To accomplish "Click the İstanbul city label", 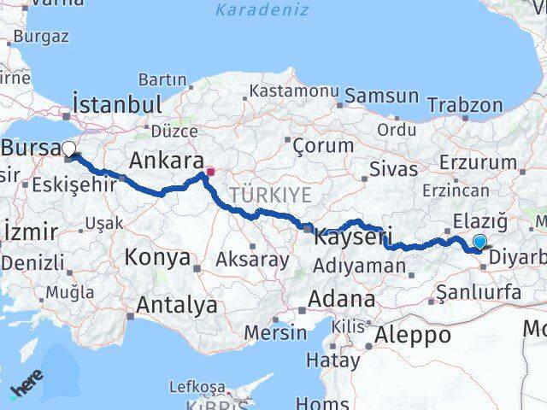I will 118,105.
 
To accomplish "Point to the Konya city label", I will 157,257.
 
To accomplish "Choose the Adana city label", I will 342,300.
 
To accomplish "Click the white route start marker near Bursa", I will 69,149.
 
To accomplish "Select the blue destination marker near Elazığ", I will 479,243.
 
